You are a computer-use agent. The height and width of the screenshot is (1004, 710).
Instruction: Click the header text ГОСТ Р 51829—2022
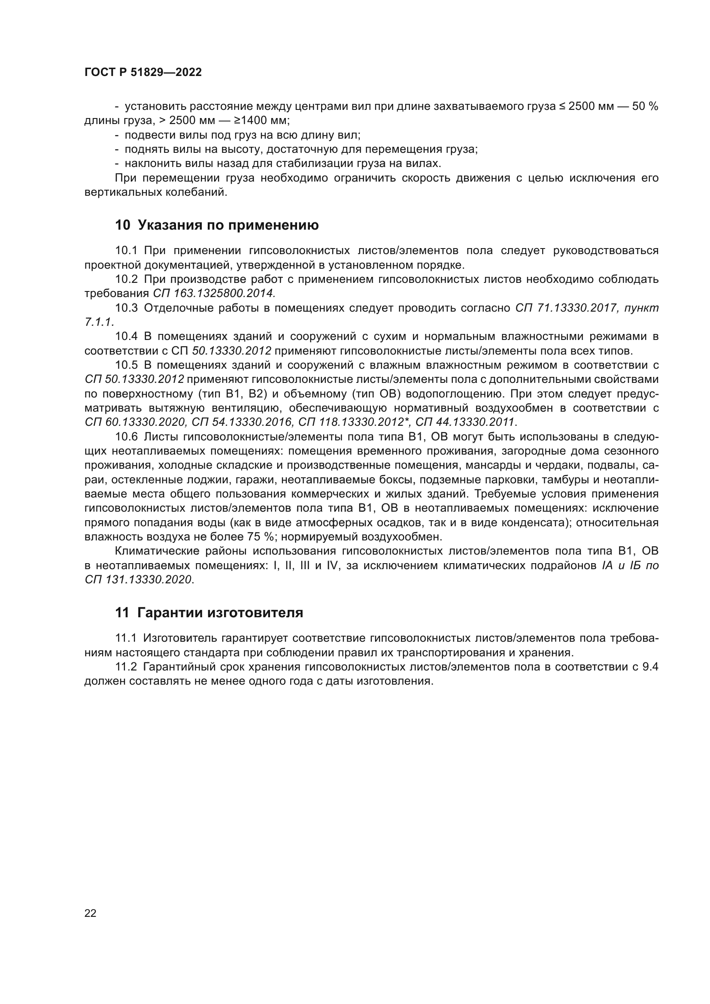pos(143,73)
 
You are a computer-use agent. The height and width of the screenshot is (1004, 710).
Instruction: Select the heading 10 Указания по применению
pos(217,225)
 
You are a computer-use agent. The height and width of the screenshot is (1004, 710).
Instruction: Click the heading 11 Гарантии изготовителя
pos(209,613)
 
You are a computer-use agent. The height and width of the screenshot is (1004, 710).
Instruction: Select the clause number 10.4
pos(126,336)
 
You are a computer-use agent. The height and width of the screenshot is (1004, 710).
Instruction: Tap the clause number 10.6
pos(126,437)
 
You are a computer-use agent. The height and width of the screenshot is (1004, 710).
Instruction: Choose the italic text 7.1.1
pos(99,322)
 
